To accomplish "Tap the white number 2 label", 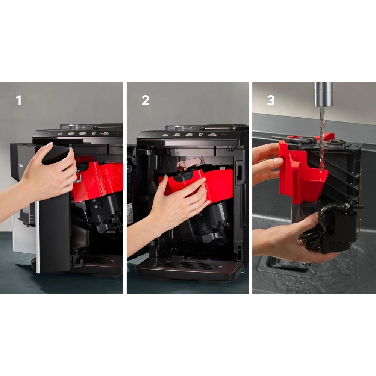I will tap(145, 100).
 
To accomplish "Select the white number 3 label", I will tap(270, 100).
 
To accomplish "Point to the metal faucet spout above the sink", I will tap(323, 94).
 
